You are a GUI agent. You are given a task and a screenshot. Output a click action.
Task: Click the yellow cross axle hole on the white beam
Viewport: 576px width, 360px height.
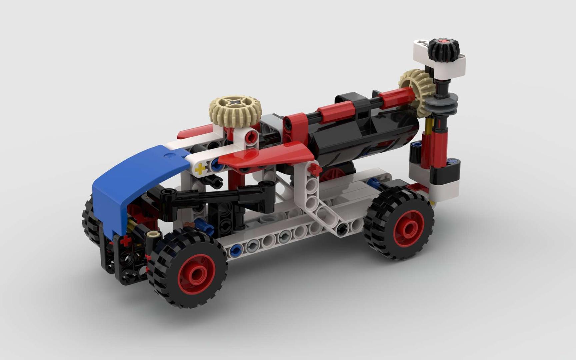point(200,169)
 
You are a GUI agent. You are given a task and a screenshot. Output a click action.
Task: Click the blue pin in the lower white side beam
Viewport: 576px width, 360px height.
point(236,249)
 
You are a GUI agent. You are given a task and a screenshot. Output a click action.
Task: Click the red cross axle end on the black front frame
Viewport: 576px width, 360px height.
point(126,241)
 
